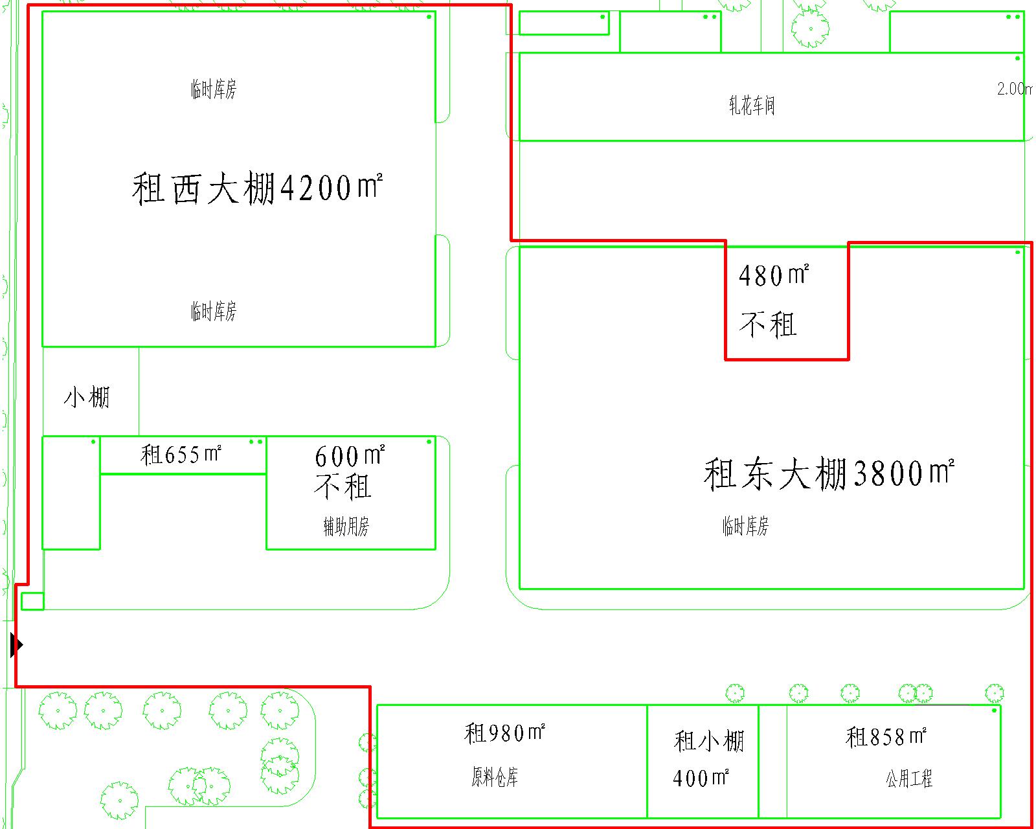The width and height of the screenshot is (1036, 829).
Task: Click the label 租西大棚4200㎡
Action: point(257,188)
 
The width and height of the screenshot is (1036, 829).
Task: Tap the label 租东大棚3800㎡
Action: point(829,473)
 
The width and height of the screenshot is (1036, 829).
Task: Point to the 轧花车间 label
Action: point(752,105)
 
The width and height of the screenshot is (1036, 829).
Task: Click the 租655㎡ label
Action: point(181,455)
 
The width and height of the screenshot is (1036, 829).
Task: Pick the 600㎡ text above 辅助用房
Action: point(350,456)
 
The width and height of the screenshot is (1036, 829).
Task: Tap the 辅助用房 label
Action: point(346,527)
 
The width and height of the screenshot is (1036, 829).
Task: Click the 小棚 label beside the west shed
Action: point(87,397)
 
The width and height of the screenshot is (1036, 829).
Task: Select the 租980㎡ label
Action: point(504,733)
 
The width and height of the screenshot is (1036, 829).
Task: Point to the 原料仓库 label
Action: point(495,777)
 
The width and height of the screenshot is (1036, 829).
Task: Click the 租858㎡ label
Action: point(886,736)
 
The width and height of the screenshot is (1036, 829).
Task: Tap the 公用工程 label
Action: point(909,778)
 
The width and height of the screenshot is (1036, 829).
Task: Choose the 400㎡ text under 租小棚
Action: point(701,777)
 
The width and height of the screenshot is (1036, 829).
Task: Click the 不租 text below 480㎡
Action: point(768,324)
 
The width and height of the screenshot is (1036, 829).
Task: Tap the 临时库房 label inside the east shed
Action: point(745,526)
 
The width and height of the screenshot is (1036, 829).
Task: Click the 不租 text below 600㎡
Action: point(343,486)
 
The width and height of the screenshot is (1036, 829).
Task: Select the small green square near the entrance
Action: point(32,601)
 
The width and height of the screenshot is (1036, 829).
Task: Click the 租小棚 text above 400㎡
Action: point(709,741)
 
